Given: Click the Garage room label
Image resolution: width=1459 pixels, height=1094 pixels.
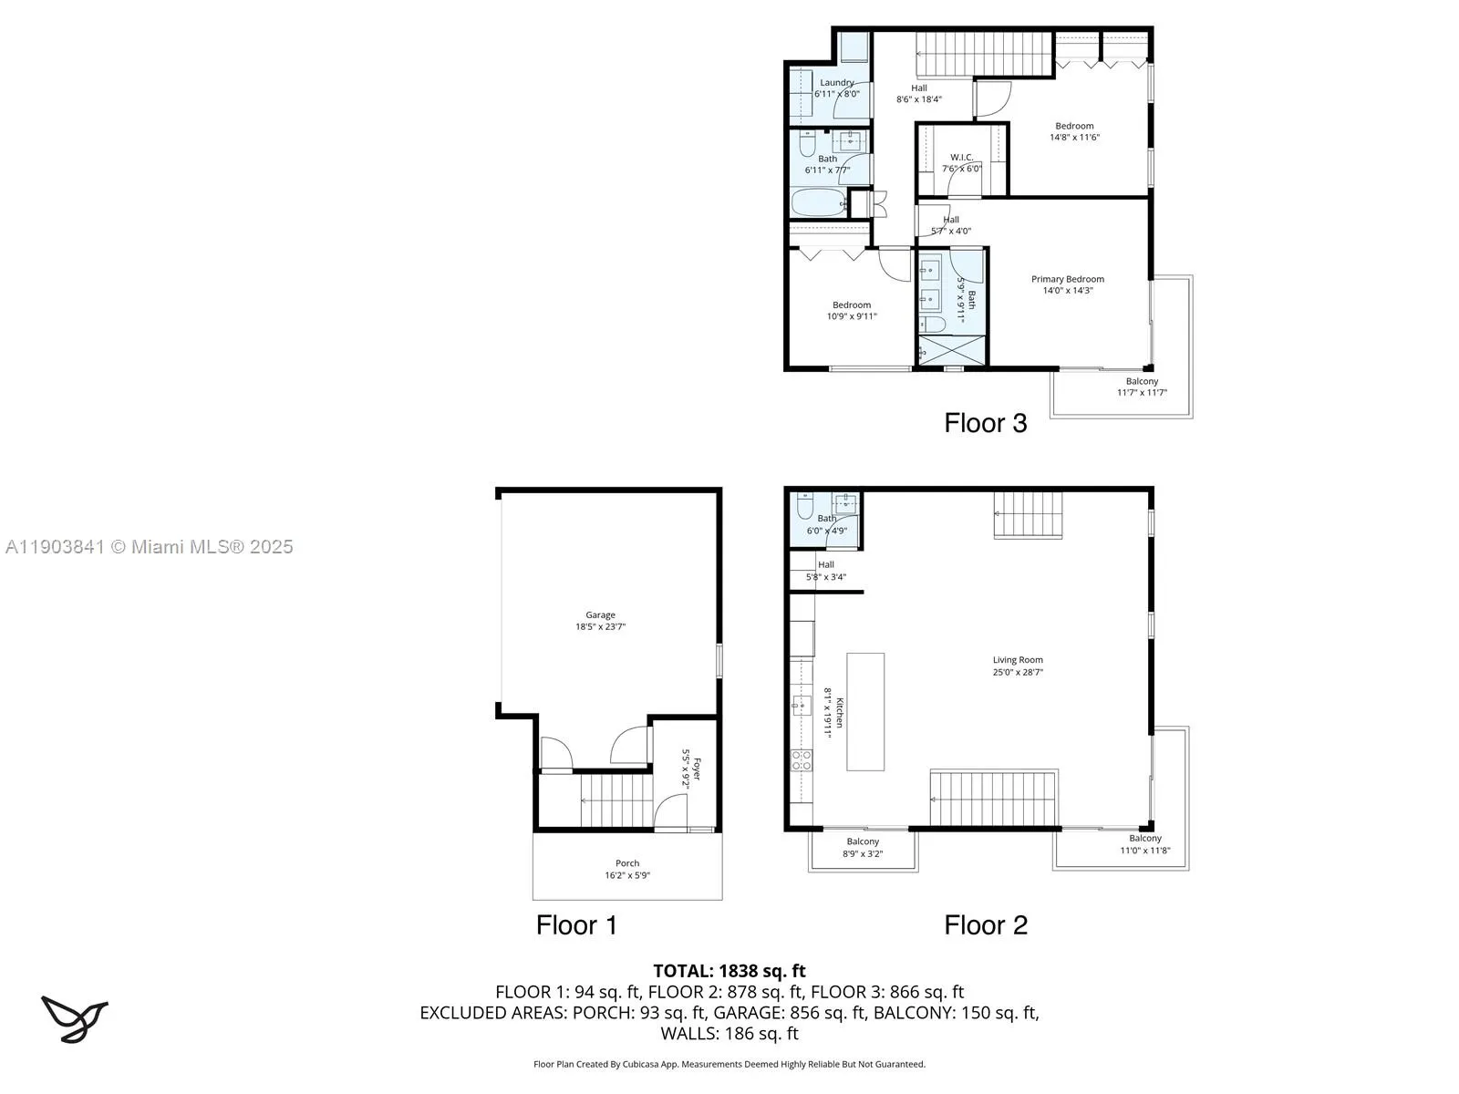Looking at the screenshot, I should coord(600,615).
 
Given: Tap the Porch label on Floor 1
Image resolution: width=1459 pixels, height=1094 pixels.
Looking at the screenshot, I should coord(627,863).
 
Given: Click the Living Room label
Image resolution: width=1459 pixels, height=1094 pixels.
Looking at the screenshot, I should coord(1018,660).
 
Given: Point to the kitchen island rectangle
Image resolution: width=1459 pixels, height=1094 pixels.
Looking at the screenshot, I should coord(865,711).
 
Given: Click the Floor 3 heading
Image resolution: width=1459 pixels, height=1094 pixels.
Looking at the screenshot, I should coord(985,423).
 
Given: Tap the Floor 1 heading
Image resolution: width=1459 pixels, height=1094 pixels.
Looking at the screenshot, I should coord(576,925).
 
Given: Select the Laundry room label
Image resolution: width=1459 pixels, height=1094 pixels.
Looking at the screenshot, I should coord(836,83).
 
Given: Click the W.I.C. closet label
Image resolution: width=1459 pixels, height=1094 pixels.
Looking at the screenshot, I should coord(961,158).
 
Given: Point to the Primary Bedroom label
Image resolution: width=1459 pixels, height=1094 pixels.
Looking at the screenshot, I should coord(1067,280).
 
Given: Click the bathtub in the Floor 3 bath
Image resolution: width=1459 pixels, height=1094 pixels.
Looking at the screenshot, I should coord(818,202).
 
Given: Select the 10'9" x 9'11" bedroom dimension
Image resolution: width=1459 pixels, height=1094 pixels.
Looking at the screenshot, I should coord(851,317).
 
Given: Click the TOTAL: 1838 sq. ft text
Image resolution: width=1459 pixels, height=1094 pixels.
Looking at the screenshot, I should coord(729,971).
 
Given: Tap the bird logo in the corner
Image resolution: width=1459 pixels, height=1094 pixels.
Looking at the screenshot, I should coord(74,1019).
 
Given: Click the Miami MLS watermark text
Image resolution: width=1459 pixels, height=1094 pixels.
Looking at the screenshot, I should coord(150,547).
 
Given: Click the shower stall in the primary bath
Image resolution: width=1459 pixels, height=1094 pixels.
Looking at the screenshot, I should coord(951,350).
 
